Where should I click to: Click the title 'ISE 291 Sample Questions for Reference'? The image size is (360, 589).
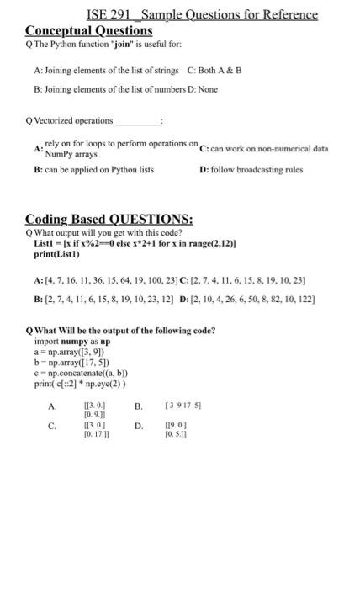pos(202,14)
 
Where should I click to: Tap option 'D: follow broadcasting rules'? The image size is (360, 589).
pos(251,169)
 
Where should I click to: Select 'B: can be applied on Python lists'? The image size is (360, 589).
pos(93,169)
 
